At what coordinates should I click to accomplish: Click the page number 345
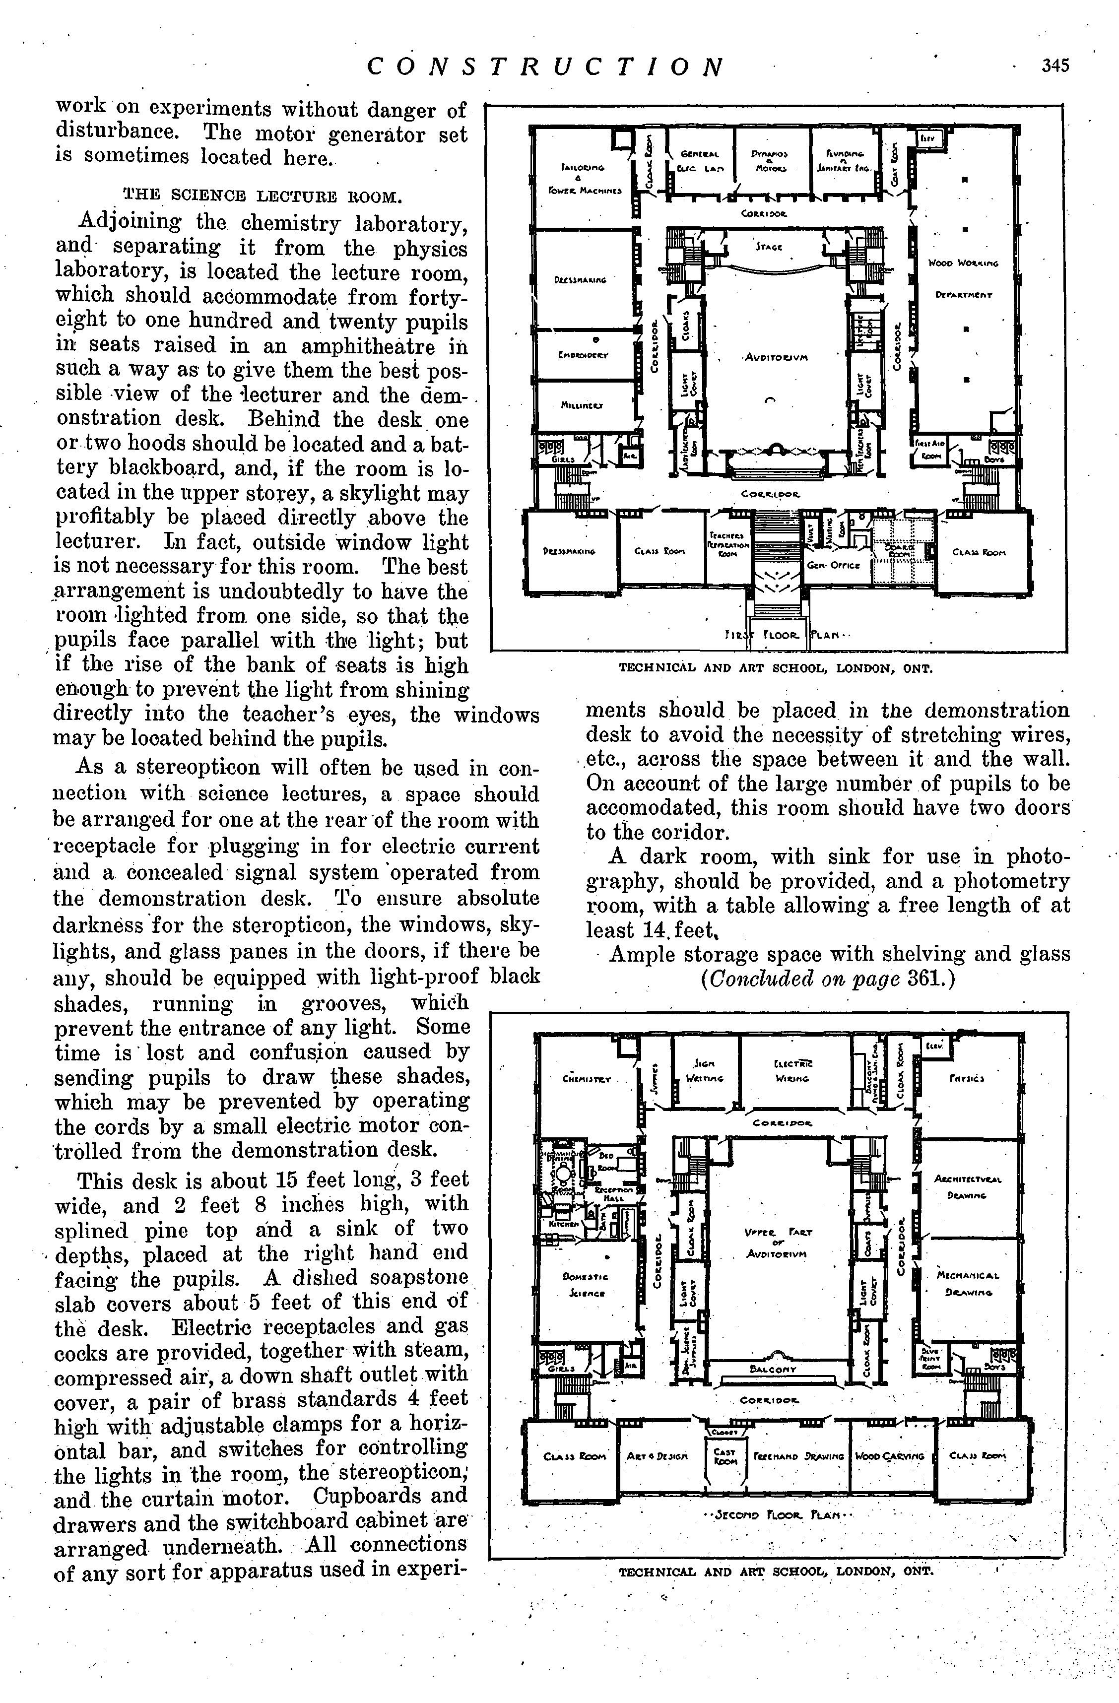[x=1054, y=66]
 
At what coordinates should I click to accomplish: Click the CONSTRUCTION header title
[x=546, y=66]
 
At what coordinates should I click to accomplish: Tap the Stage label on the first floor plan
[x=769, y=247]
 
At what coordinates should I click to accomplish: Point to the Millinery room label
[x=582, y=405]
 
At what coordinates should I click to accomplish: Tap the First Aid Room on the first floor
[x=928, y=450]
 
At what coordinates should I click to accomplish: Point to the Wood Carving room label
[x=889, y=1455]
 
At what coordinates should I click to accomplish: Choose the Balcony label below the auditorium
[x=773, y=1368]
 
